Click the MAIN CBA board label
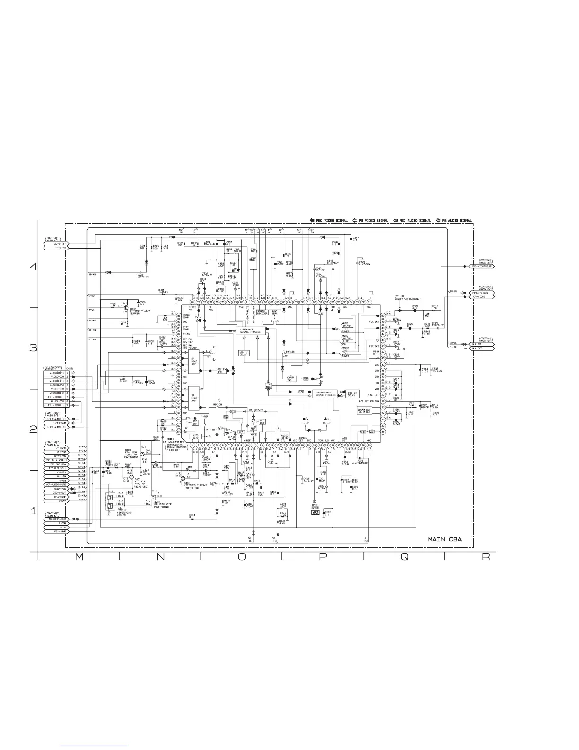pyautogui.click(x=444, y=539)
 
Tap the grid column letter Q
pyautogui.click(x=404, y=557)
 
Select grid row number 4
pyautogui.click(x=33, y=266)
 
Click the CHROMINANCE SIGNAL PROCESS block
pyautogui.click(x=325, y=394)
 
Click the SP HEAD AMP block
pyautogui.click(x=193, y=399)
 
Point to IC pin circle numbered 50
pyautogui.click(x=382, y=316)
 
